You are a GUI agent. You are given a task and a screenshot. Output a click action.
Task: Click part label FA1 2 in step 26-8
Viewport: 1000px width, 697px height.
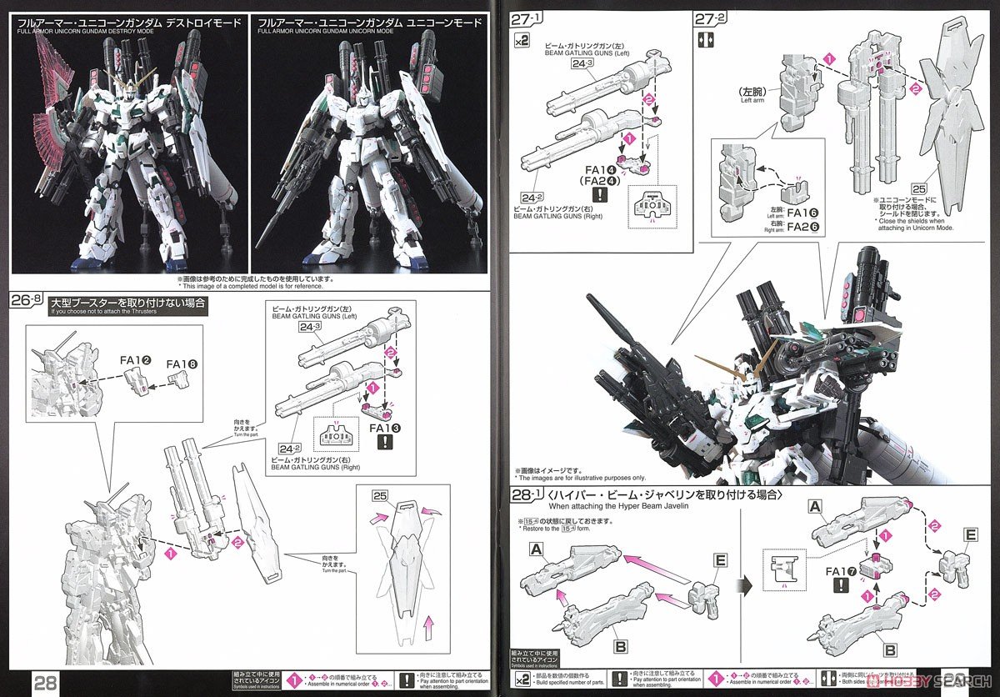[x=135, y=361]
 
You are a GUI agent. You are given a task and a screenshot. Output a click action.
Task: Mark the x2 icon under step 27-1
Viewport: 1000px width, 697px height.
[x=522, y=40]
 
